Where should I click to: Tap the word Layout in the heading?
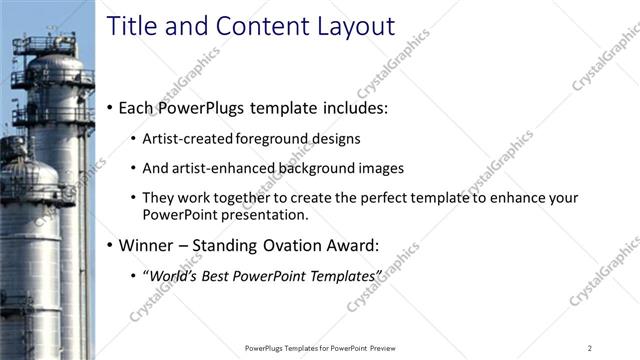tap(349, 26)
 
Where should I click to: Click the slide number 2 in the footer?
tap(590, 347)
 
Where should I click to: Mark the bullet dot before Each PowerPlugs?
tap(109, 107)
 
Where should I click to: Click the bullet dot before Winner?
tap(109, 244)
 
